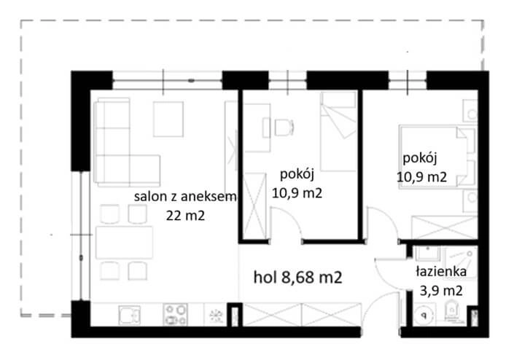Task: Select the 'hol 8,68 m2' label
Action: pos(297,277)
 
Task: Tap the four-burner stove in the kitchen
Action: pos(175,315)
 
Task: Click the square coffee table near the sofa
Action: pos(169,119)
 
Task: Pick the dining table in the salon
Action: pos(124,240)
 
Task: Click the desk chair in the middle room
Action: pos(281,127)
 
